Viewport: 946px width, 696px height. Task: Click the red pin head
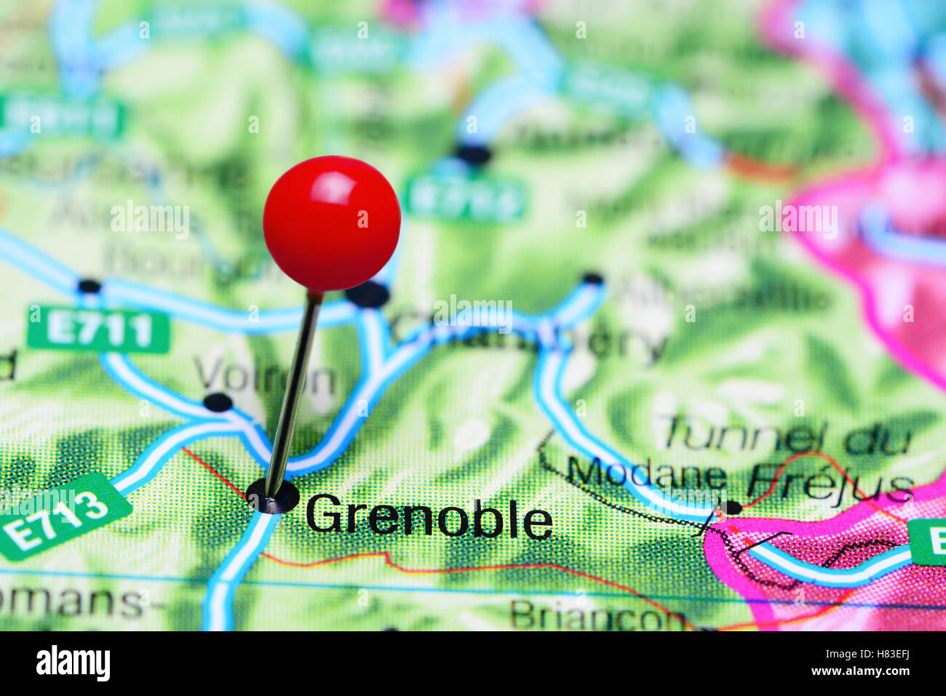pyautogui.click(x=332, y=223)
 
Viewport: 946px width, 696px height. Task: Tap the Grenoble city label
pyautogui.click(x=429, y=518)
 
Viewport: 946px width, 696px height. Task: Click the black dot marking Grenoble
pyautogui.click(x=273, y=497)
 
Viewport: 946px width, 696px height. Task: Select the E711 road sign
pyautogui.click(x=98, y=331)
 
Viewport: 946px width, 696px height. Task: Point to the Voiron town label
pyautogui.click(x=265, y=378)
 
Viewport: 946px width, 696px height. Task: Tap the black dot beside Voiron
pyautogui.click(x=218, y=402)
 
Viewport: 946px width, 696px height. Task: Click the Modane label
pyautogui.click(x=646, y=473)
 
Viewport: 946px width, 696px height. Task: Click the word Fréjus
pyautogui.click(x=830, y=481)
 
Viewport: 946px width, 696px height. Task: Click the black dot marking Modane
pyautogui.click(x=731, y=507)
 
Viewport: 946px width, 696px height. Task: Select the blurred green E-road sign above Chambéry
pyautogui.click(x=466, y=197)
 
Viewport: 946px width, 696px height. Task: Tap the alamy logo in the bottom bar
pyautogui.click(x=73, y=663)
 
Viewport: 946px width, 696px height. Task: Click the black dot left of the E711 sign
pyautogui.click(x=90, y=286)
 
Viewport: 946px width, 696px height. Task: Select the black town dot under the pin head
pyautogui.click(x=368, y=295)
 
